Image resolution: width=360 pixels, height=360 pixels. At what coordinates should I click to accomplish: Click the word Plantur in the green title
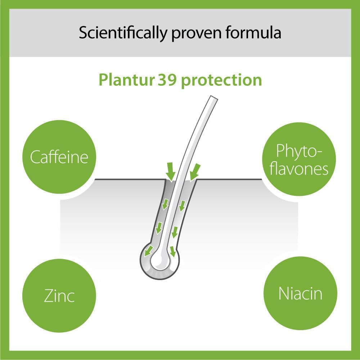(126, 80)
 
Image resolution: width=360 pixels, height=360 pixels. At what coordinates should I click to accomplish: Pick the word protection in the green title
(221, 80)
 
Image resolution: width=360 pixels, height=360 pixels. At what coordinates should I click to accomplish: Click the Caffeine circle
(59, 157)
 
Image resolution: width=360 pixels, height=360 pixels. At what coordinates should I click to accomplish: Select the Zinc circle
(59, 296)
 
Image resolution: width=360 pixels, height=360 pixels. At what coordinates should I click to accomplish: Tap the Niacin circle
(300, 293)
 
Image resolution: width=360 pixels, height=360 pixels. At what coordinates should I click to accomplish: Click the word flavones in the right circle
(299, 168)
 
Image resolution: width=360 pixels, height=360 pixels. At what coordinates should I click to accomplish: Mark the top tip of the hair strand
(213, 98)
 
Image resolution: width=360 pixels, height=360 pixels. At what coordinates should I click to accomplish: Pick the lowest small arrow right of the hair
(173, 251)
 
